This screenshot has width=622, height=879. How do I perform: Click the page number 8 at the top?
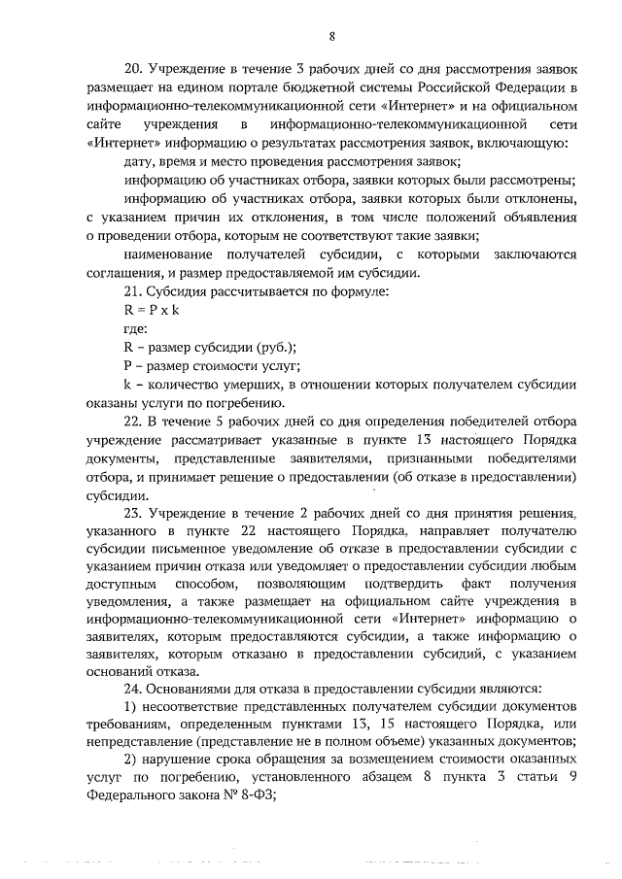331,38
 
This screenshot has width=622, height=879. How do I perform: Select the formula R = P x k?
152,311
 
